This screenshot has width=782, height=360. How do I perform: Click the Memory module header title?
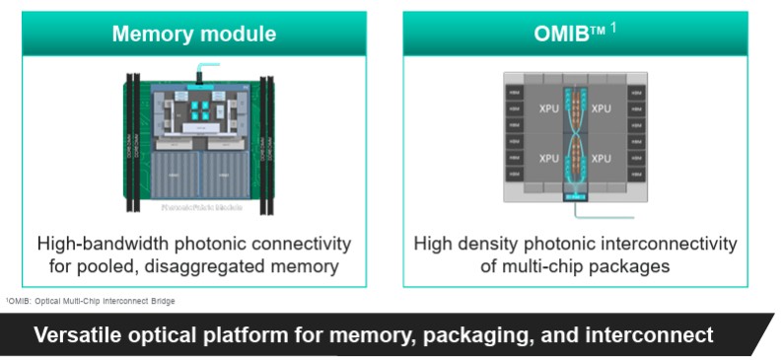[193, 35]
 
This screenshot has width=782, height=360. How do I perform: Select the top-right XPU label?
[601, 106]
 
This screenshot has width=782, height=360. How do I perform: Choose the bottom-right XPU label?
[601, 159]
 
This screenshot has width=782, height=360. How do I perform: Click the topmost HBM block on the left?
[514, 92]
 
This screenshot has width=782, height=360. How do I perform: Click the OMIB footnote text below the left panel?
[92, 301]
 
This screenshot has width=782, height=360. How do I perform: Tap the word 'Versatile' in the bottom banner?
[76, 335]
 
